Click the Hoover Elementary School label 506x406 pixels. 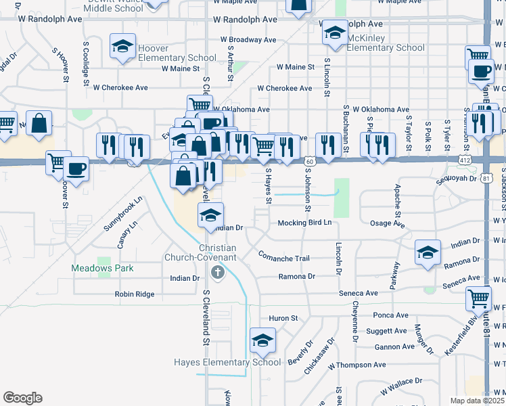[177, 53]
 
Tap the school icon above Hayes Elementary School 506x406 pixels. [262, 341]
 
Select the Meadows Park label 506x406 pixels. [103, 268]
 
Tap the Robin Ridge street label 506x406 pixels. [135, 294]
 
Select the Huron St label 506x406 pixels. [283, 318]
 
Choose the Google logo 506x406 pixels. [22, 397]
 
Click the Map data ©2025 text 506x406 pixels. [476, 401]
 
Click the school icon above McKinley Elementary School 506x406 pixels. [334, 32]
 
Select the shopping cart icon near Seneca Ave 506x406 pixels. [478, 298]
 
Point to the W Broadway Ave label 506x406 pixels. [248, 40]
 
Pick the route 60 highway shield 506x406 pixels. [308, 161]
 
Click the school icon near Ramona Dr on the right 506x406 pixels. [427, 253]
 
